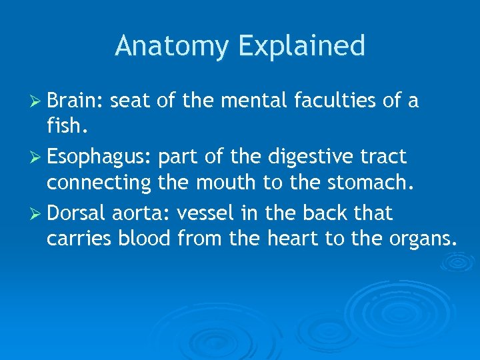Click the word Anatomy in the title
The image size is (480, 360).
point(172,47)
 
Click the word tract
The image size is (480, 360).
point(383,157)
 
